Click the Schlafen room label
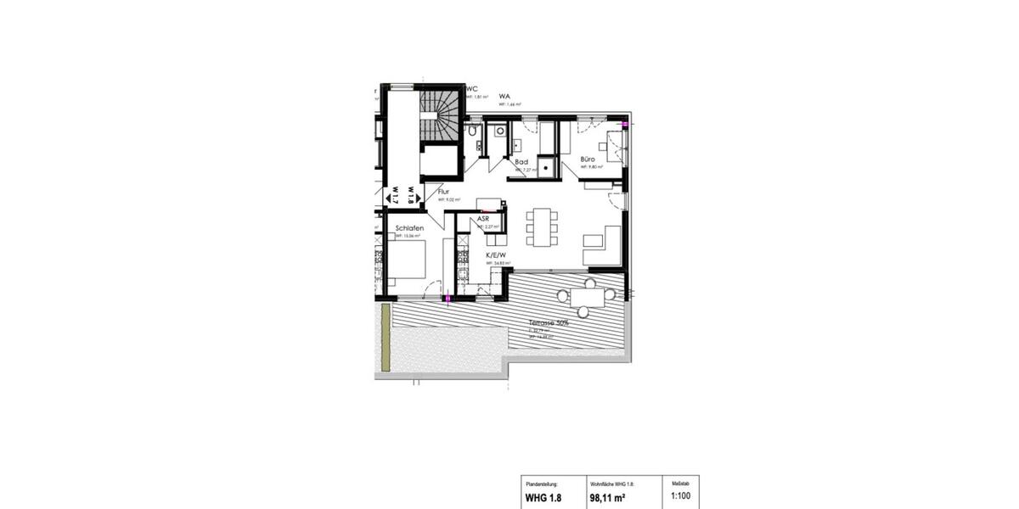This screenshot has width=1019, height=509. [x=410, y=228]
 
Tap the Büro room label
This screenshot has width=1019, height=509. [x=588, y=159]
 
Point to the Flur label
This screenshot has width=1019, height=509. [x=443, y=193]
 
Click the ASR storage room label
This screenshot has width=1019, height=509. [x=482, y=219]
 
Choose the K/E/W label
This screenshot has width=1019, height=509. [x=496, y=255]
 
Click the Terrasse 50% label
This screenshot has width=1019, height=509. [x=549, y=323]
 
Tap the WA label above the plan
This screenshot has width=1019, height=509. [x=504, y=97]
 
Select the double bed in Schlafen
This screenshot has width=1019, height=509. [x=408, y=259]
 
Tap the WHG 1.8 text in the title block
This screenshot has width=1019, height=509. [x=543, y=497]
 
